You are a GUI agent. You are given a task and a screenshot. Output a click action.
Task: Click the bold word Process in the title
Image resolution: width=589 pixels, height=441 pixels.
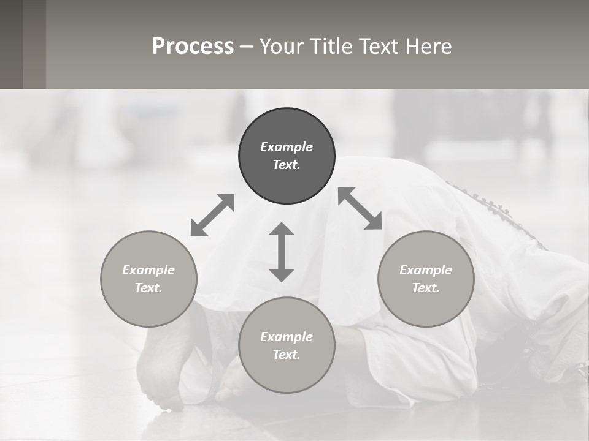(193, 47)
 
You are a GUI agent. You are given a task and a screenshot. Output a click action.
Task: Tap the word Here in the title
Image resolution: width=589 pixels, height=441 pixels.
(427, 47)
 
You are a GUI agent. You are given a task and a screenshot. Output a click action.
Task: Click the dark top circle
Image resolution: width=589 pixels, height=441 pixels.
(287, 156)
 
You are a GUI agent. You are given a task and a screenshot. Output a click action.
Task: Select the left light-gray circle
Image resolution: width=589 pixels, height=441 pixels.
(148, 279)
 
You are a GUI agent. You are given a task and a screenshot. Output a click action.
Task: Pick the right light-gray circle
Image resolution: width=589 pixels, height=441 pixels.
(426, 279)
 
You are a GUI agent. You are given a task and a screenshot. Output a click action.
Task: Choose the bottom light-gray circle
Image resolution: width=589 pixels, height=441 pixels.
(287, 345)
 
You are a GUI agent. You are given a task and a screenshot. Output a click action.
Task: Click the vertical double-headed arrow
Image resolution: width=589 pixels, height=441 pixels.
(282, 252)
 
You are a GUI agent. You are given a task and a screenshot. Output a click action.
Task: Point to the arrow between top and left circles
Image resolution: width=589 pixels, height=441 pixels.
(212, 215)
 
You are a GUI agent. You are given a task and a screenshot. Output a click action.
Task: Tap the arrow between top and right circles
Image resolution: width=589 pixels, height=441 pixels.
(360, 209)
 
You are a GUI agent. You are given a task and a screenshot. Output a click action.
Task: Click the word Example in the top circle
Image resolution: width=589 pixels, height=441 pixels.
(287, 147)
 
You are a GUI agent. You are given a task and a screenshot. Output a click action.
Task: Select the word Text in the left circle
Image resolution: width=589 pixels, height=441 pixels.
(148, 288)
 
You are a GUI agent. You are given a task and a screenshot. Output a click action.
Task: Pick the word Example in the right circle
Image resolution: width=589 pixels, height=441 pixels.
(426, 270)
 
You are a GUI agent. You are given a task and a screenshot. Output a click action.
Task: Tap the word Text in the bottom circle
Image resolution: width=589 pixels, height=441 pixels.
(287, 355)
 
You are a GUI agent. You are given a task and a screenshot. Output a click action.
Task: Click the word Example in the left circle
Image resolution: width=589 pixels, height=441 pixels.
(148, 270)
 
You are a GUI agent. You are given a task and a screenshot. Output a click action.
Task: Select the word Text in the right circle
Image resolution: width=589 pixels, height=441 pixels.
(426, 288)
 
